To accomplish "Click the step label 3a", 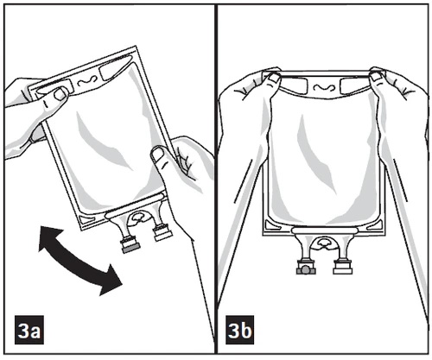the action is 29,330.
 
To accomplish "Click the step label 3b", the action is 239,330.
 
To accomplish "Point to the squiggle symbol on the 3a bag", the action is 86,81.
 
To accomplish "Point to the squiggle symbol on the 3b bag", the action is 324,87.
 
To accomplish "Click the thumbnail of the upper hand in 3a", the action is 60,93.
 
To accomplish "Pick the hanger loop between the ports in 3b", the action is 324,243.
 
